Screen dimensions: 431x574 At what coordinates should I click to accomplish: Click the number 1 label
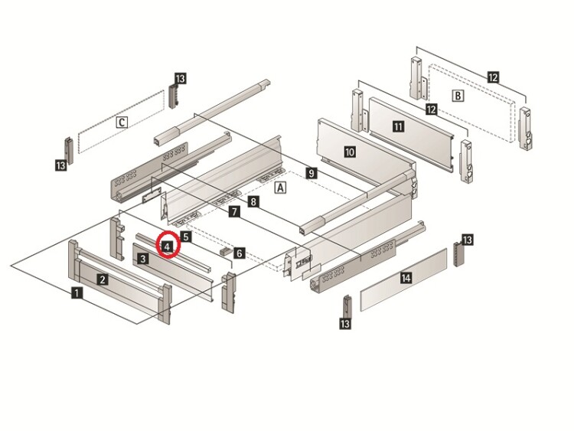pyautogui.click(x=77, y=292)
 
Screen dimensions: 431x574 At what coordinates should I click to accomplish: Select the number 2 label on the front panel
pyautogui.click(x=102, y=279)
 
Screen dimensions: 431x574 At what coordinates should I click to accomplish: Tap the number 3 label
pyautogui.click(x=143, y=259)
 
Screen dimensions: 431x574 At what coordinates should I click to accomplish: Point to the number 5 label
pyautogui.click(x=186, y=237)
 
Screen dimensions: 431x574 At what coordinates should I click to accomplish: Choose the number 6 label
pyautogui.click(x=239, y=252)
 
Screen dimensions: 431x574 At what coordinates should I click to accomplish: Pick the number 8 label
pyautogui.click(x=253, y=201)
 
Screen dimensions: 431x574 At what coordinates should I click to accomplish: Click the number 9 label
pyautogui.click(x=310, y=173)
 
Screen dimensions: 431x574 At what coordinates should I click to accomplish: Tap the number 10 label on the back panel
pyautogui.click(x=350, y=152)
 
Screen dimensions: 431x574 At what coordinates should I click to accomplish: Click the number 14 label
pyautogui.click(x=406, y=279)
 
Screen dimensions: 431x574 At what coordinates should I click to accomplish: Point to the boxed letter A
pyautogui.click(x=280, y=187)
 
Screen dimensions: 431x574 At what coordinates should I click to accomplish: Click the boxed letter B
pyautogui.click(x=458, y=96)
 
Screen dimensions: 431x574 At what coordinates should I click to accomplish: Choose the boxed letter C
pyautogui.click(x=122, y=121)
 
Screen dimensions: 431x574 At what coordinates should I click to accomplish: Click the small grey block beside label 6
pyautogui.click(x=224, y=250)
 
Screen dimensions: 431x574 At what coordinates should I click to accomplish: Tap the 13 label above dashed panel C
pyautogui.click(x=181, y=79)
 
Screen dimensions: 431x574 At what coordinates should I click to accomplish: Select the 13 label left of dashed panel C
pyautogui.click(x=60, y=165)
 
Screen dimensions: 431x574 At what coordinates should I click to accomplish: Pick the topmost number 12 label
pyautogui.click(x=493, y=77)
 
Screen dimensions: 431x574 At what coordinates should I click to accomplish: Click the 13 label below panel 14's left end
pyautogui.click(x=345, y=325)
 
